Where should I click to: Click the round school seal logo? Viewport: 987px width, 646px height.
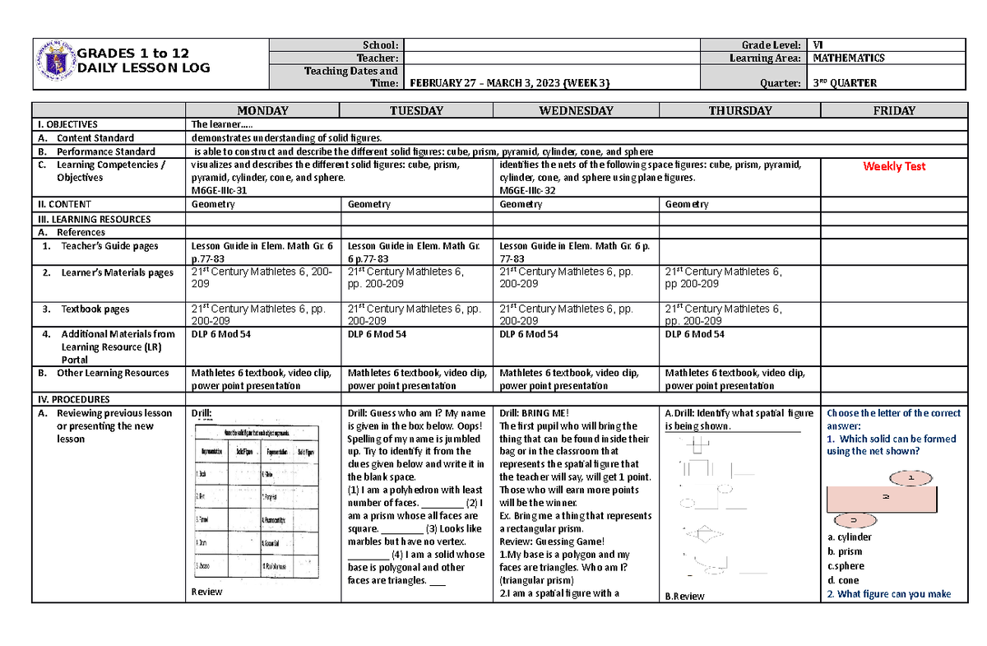click(55, 63)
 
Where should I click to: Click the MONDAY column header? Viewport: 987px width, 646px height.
click(262, 110)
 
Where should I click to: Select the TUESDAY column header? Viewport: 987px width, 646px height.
click(416, 110)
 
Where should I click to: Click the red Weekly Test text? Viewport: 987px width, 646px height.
click(894, 166)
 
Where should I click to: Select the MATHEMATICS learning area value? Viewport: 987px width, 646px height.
click(848, 58)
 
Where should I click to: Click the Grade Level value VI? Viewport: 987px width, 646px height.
click(818, 45)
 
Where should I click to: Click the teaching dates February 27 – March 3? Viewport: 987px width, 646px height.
click(510, 83)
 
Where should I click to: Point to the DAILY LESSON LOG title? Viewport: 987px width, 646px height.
click(144, 67)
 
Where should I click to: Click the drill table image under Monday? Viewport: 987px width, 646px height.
click(254, 502)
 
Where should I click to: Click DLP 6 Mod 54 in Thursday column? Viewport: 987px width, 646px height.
click(695, 334)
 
